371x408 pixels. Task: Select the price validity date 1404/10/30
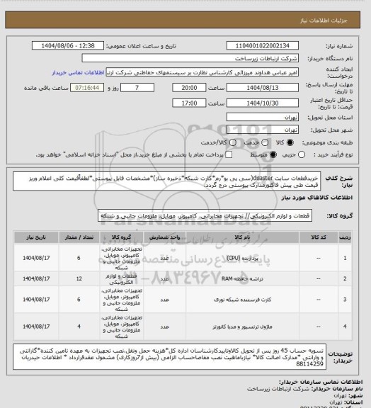266,103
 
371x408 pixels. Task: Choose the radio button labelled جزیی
305,153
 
